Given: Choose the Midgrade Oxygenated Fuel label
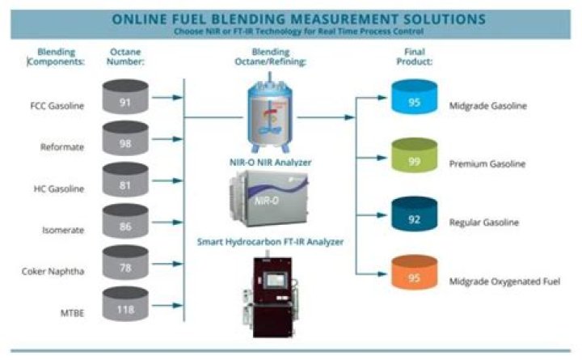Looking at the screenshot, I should pos(504,282).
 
